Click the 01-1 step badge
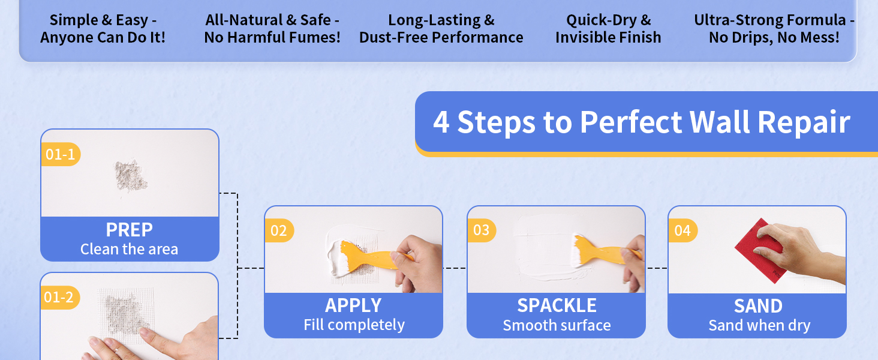point(60,155)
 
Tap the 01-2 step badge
point(59,298)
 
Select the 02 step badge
point(279,231)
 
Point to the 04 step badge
point(682,231)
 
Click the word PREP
point(130,230)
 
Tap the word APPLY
point(353,305)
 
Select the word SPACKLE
point(557,305)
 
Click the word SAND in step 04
point(758,306)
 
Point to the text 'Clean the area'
point(130,249)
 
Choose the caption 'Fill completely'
point(354,325)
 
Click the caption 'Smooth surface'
point(557,326)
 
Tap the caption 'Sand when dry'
point(759,326)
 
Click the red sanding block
point(757,247)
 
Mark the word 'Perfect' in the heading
point(632,122)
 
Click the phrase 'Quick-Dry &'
point(608,20)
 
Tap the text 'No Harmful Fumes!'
point(272,38)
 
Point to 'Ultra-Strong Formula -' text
point(774,20)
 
